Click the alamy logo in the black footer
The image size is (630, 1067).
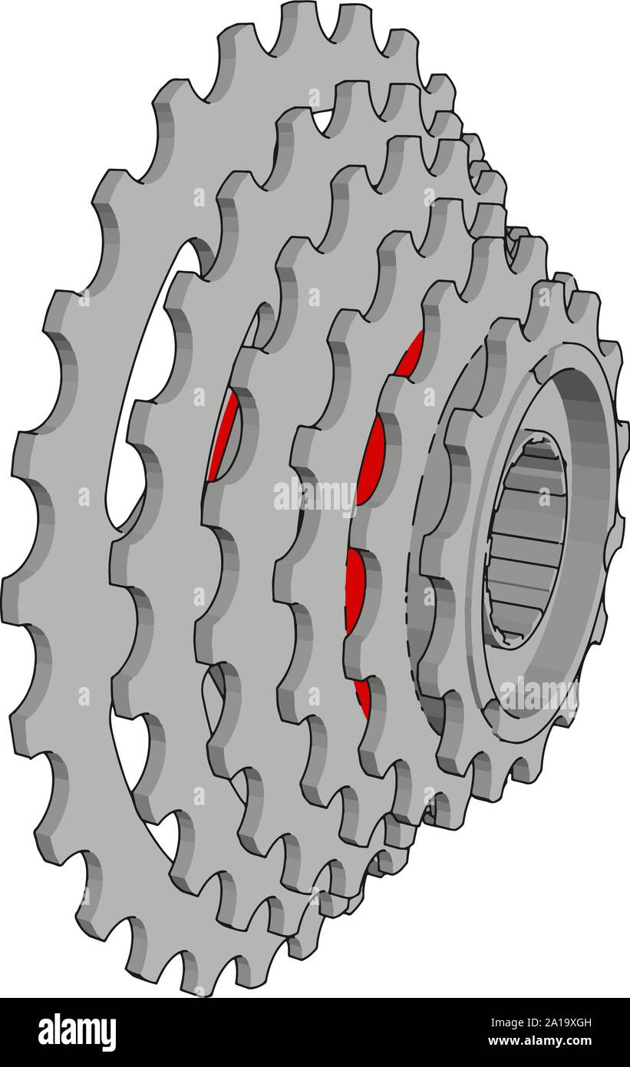77,1032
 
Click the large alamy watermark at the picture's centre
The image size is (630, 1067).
315,495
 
